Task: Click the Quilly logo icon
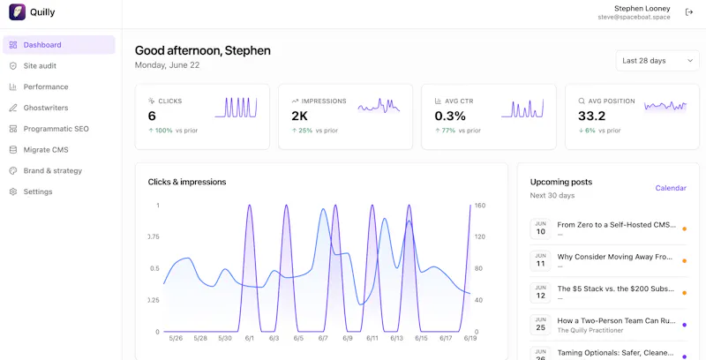pos(17,12)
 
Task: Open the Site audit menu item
pos(40,65)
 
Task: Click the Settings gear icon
pos(13,191)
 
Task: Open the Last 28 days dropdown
pos(657,61)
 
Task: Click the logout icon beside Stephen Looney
pos(689,12)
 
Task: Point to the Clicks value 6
pos(152,116)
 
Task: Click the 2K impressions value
pos(299,116)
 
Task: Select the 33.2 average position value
pos(591,116)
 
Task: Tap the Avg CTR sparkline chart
pos(522,108)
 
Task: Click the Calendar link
pos(671,188)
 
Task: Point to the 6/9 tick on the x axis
pos(348,339)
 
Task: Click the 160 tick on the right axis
pos(479,206)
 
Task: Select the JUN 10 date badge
pos(540,229)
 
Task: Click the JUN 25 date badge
pos(540,325)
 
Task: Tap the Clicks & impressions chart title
pos(187,182)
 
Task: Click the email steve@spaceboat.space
pos(634,17)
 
